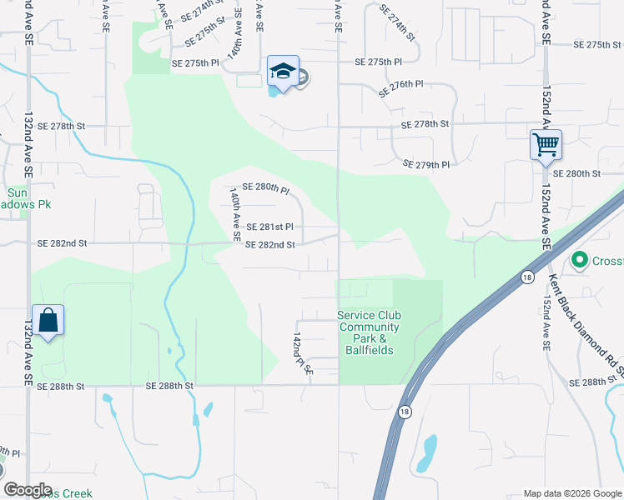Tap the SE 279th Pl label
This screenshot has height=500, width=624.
click(425, 165)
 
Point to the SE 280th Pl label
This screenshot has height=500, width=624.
click(265, 189)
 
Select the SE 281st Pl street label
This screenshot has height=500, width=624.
click(269, 226)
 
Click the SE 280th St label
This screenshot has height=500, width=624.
click(577, 173)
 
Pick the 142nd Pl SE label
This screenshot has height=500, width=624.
click(301, 352)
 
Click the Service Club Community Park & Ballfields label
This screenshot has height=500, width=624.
click(369, 332)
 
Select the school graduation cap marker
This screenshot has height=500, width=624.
click(283, 72)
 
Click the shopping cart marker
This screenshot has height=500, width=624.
click(546, 144)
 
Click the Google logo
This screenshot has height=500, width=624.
click(27, 490)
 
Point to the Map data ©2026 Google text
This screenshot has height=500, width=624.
click(572, 493)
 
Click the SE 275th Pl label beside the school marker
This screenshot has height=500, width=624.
click(195, 63)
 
